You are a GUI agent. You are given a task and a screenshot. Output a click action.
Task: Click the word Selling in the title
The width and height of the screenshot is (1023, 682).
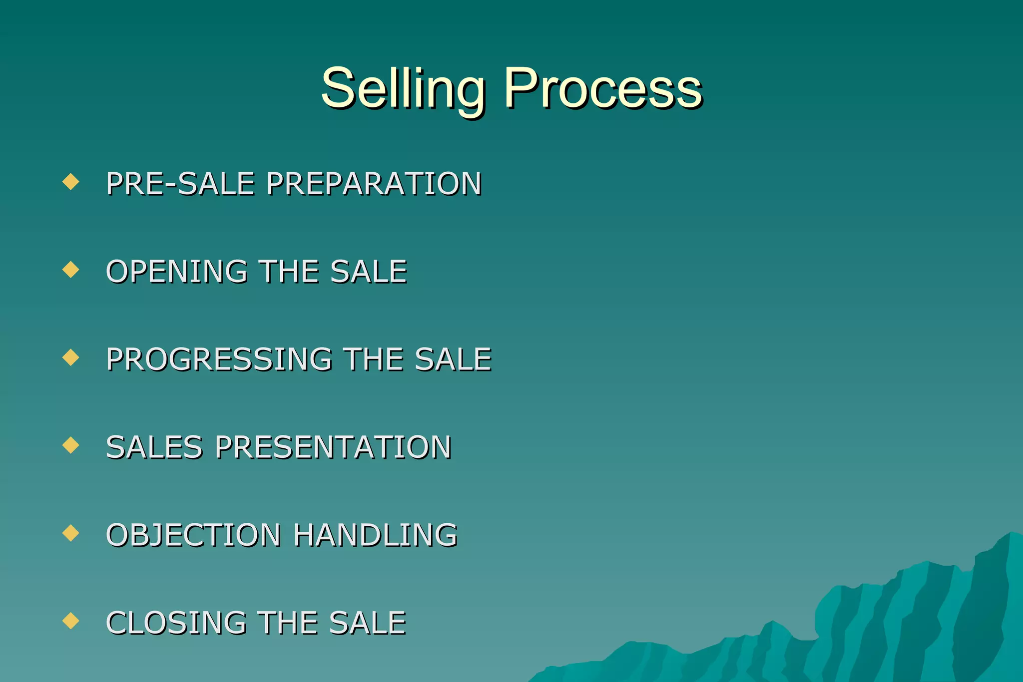coord(403,89)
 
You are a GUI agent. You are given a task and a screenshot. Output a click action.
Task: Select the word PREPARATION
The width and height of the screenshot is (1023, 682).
coord(374,183)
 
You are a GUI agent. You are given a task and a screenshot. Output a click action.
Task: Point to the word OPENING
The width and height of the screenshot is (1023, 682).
coord(177,272)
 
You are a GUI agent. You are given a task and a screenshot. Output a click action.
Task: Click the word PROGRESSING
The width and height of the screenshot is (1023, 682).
coord(219,359)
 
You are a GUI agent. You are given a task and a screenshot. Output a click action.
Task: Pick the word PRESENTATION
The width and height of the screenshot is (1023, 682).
coord(333,447)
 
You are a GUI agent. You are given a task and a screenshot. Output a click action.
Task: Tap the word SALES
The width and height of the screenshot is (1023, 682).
coord(154,447)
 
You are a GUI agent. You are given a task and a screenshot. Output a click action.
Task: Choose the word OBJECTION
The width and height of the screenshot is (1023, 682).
coord(193,535)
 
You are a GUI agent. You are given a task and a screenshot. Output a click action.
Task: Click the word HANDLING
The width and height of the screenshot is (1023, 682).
coord(375,535)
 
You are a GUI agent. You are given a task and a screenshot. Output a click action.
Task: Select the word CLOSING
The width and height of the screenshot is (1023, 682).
coord(176,623)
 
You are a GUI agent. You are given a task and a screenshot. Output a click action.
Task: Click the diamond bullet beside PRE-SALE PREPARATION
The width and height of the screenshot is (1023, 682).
coord(71,181)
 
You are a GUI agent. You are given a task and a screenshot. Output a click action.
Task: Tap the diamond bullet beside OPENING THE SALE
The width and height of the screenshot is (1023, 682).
coord(71,270)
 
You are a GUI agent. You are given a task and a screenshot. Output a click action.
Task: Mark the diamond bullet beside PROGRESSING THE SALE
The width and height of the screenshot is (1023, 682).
coord(71,357)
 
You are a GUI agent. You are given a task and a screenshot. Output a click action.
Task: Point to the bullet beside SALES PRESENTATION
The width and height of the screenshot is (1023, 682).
coord(71,445)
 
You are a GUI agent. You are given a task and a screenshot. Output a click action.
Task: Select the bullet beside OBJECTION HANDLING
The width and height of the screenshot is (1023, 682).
coord(71,533)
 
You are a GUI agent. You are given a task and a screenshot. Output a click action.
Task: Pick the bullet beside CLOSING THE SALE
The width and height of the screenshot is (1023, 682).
coord(71,621)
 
